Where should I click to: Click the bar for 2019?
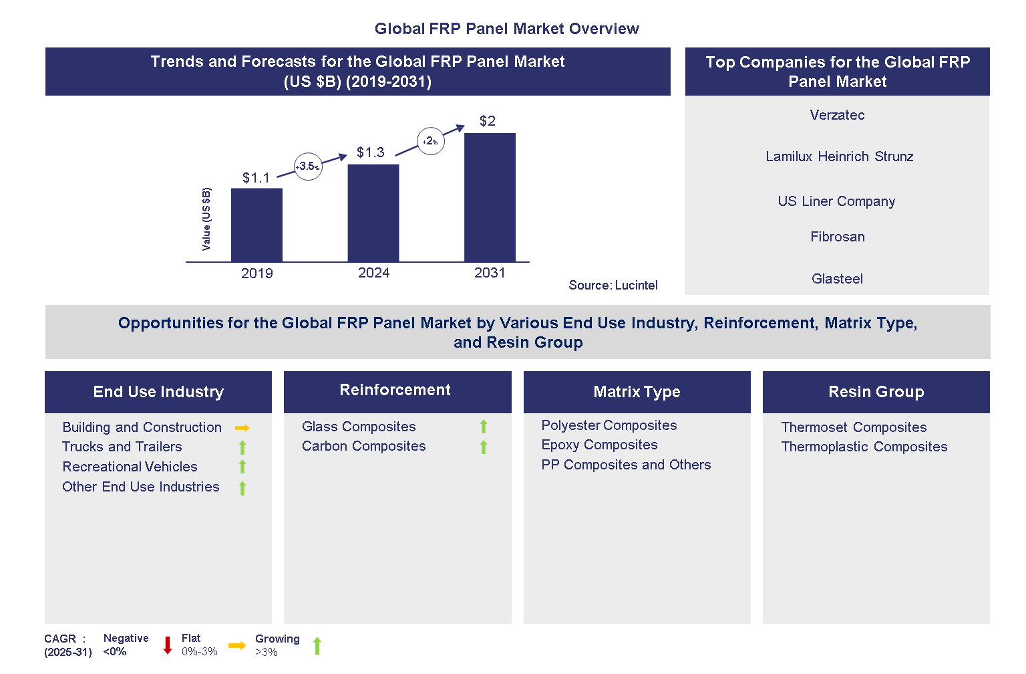pyautogui.click(x=256, y=225)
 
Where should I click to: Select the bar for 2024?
pyautogui.click(x=373, y=213)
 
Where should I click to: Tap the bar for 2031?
pyautogui.click(x=490, y=197)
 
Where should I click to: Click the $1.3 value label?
pyautogui.click(x=370, y=152)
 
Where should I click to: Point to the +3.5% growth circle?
pyautogui.click(x=308, y=166)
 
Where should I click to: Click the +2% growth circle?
pyautogui.click(x=431, y=141)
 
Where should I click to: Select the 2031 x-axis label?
pyautogui.click(x=490, y=273)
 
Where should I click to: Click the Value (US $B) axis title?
pyautogui.click(x=206, y=219)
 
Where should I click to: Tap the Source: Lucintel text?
pyautogui.click(x=613, y=286)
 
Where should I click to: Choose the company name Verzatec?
pyautogui.click(x=837, y=115)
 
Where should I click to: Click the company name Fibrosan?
pyautogui.click(x=837, y=237)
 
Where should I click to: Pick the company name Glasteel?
pyautogui.click(x=837, y=279)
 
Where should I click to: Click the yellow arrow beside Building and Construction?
pyautogui.click(x=242, y=428)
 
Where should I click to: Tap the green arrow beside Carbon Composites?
pyautogui.click(x=484, y=447)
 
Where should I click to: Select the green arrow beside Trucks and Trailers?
pyautogui.click(x=242, y=447)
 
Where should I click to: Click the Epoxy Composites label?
pyautogui.click(x=599, y=445)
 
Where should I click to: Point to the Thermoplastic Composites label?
pyautogui.click(x=864, y=447)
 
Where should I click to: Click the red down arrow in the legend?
pyautogui.click(x=168, y=645)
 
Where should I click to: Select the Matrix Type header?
pyautogui.click(x=637, y=392)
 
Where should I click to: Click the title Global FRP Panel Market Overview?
pyautogui.click(x=506, y=29)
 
